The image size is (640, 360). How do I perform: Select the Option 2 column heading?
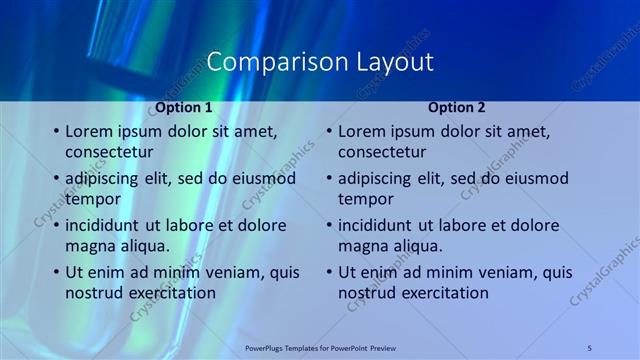(458, 107)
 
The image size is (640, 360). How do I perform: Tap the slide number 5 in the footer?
(590, 347)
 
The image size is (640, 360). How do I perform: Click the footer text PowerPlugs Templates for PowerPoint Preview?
(320, 347)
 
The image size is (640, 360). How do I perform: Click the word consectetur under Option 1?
(109, 152)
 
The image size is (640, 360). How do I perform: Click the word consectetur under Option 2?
(382, 152)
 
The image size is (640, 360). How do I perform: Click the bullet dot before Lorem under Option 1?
(55, 131)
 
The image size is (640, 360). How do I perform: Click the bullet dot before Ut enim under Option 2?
(328, 272)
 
